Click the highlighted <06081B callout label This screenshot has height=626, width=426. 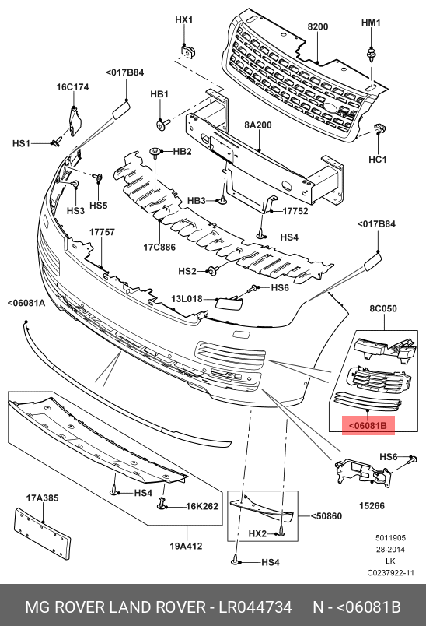pos(368,425)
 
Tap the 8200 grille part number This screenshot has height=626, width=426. pos(318,26)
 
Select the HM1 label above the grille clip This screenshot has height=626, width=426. pos(371,23)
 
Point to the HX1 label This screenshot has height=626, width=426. pos(184,19)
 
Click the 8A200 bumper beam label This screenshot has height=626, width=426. pos(258,125)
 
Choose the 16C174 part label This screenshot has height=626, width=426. pos(72,86)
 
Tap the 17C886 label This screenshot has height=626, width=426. pos(159,247)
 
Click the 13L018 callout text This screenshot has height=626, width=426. pos(187,299)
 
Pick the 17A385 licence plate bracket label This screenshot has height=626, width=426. pos(42,498)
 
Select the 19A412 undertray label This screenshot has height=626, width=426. pos(186,546)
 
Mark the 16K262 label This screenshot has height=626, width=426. pos(202,506)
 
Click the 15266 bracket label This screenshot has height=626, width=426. pos(372,505)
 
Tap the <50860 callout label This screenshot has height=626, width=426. pos(326,515)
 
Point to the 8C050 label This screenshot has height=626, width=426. pos(383,308)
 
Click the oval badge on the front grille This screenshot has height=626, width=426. pos(330,107)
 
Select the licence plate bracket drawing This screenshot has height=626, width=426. pos(43,534)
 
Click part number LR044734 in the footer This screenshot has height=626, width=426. pos(255,607)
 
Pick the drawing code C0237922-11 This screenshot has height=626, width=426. pos(390,573)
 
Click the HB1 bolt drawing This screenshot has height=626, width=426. pos(163,125)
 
